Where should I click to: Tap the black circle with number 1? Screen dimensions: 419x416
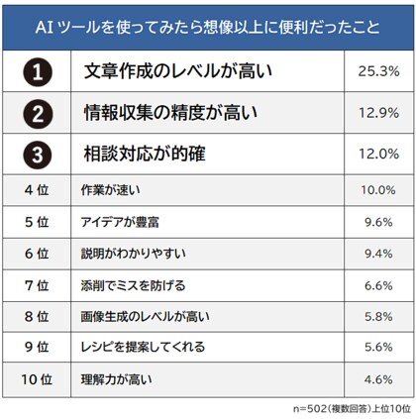pos(37,71)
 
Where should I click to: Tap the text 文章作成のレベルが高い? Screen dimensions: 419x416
pos(177,71)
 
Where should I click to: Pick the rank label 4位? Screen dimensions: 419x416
pos(36,190)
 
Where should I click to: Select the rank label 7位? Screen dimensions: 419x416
pos(36,285)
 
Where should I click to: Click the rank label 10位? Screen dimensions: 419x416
pos(36,379)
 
